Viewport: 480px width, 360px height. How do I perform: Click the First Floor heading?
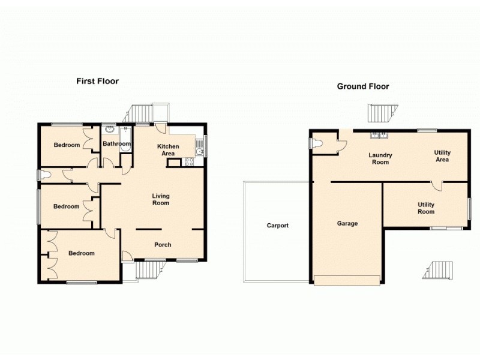[97, 81]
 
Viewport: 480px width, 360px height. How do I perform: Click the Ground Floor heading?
[362, 86]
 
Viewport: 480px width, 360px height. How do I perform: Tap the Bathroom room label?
[116, 144]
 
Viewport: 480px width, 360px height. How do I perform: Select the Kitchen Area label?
[168, 150]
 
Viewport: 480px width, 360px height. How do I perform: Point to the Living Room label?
[160, 199]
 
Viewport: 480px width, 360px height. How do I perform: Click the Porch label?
[163, 245]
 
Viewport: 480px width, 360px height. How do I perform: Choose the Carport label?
[278, 226]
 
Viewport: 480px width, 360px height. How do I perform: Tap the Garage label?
[347, 223]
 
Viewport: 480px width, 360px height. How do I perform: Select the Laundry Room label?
[380, 158]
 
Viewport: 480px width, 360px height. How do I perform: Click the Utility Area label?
[442, 156]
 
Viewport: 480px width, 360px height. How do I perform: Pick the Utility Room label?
[426, 208]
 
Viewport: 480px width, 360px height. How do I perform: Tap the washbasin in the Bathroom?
[110, 128]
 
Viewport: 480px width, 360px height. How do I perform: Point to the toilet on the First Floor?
[45, 175]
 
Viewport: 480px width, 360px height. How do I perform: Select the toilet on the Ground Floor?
[317, 143]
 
